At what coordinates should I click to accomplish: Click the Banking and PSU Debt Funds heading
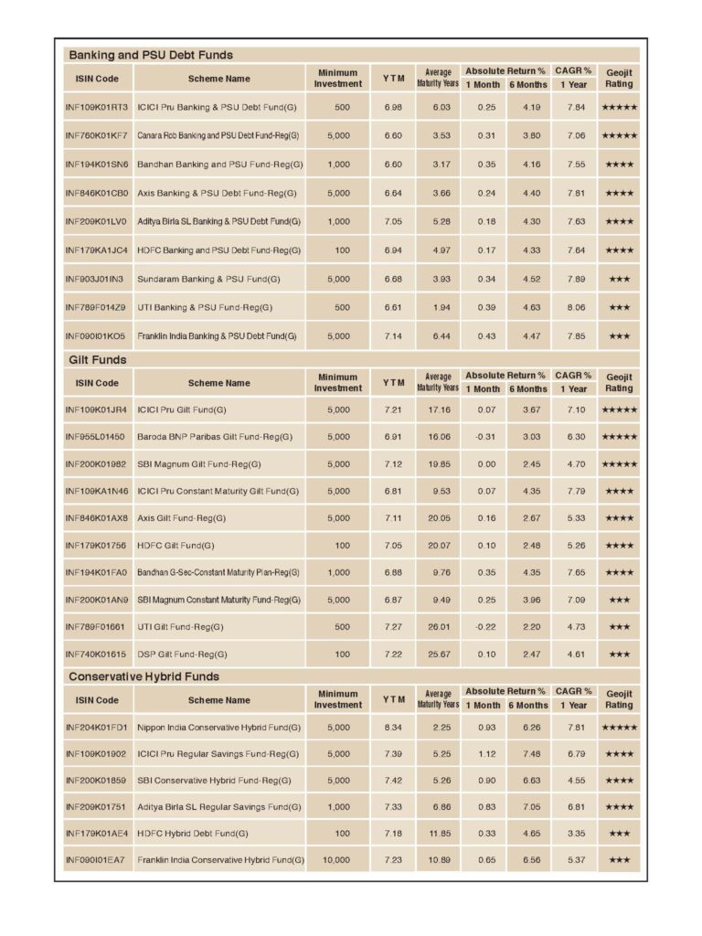151,55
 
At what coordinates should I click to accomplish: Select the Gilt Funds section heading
98,360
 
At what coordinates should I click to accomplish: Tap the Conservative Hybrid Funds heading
144,676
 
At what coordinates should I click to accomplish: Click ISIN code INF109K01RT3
97,107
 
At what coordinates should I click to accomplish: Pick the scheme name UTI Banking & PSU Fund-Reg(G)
205,307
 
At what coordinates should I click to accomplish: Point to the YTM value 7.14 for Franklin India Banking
394,335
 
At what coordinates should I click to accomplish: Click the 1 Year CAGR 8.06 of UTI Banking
574,307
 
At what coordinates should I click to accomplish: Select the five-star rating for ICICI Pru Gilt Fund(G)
619,409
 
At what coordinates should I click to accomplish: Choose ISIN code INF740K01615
96,654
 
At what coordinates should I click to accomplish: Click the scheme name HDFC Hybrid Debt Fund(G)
193,833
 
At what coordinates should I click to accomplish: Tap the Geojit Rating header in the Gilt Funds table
619,382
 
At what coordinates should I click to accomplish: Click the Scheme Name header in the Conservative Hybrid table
218,700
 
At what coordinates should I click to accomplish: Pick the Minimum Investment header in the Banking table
338,78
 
